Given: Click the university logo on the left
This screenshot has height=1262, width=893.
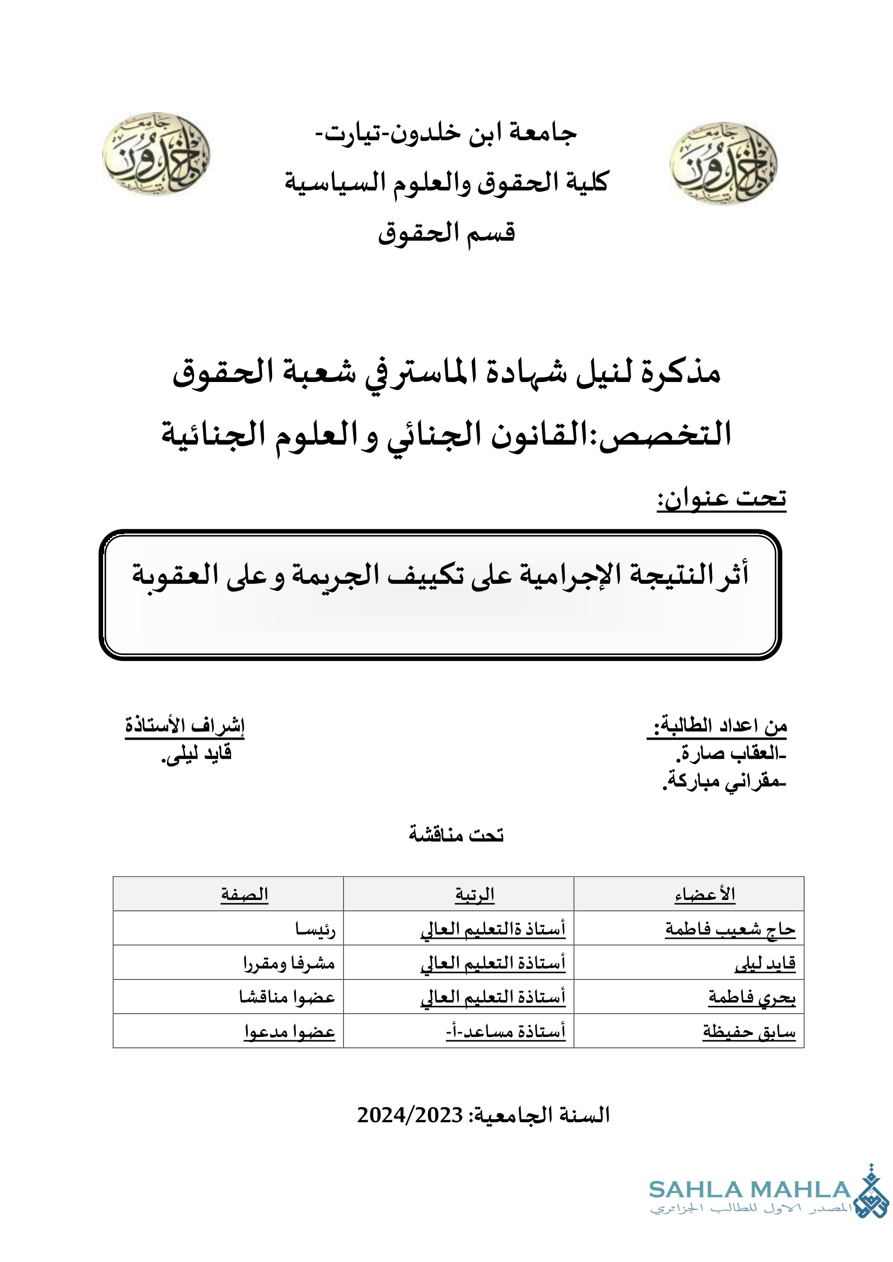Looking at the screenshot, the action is tap(156, 153).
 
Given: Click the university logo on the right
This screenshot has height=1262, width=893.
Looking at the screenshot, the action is tap(723, 163).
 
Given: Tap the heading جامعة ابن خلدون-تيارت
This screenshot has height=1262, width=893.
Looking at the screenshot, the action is tap(446, 134).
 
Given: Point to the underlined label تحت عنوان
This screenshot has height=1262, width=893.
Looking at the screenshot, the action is tap(721, 499).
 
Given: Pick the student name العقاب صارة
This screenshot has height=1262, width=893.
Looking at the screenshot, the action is tap(732, 753).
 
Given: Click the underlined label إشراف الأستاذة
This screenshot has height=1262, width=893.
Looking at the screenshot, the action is tap(185, 726).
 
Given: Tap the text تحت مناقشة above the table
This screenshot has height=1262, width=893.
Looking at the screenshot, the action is tap(456, 834).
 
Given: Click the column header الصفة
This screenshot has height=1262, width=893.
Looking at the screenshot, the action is tap(245, 895).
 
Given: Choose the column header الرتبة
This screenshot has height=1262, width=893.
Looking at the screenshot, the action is tap(475, 895).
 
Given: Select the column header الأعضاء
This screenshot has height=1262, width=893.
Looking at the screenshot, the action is tap(705, 895).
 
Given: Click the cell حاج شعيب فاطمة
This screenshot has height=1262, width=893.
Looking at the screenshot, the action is tap(730, 930).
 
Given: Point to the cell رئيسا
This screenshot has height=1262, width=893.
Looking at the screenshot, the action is tap(315, 930).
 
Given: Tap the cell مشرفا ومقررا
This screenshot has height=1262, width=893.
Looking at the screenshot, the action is tap(289, 964).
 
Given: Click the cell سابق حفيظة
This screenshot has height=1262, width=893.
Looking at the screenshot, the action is tap(749, 1032).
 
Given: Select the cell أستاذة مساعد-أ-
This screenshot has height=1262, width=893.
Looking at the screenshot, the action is tap(506, 1032).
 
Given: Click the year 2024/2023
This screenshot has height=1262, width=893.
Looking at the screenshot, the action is tap(410, 1115).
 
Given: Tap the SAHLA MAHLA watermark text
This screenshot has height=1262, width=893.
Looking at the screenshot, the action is tap(750, 1190).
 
